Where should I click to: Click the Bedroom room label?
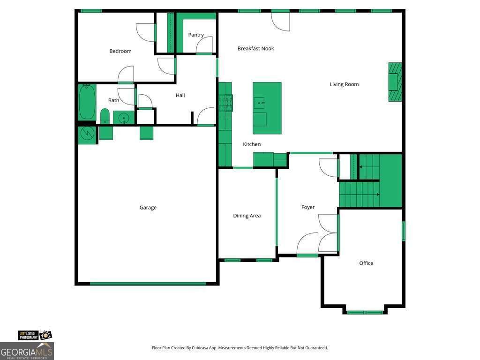pos(120,51)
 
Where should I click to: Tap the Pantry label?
pos(196,35)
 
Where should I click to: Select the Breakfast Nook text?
pos(255,48)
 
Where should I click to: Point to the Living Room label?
pos(344,84)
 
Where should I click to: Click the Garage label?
pos(148,208)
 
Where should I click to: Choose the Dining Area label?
pos(247,216)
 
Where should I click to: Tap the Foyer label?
pos(307,207)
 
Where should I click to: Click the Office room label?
pos(366,263)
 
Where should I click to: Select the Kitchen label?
pos(252,144)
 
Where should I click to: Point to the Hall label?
pos(180,95)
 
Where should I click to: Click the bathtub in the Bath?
pos(87,102)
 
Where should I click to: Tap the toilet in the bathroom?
pos(105,116)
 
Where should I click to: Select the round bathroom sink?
pos(124,118)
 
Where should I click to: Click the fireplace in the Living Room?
pos(395,82)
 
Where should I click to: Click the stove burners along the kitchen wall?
pos(225,103)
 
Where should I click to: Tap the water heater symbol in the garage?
pos(87,133)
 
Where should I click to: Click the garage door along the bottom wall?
pos(148,284)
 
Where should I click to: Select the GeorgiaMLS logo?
pos(27,351)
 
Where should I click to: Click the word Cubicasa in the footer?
pos(201,348)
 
